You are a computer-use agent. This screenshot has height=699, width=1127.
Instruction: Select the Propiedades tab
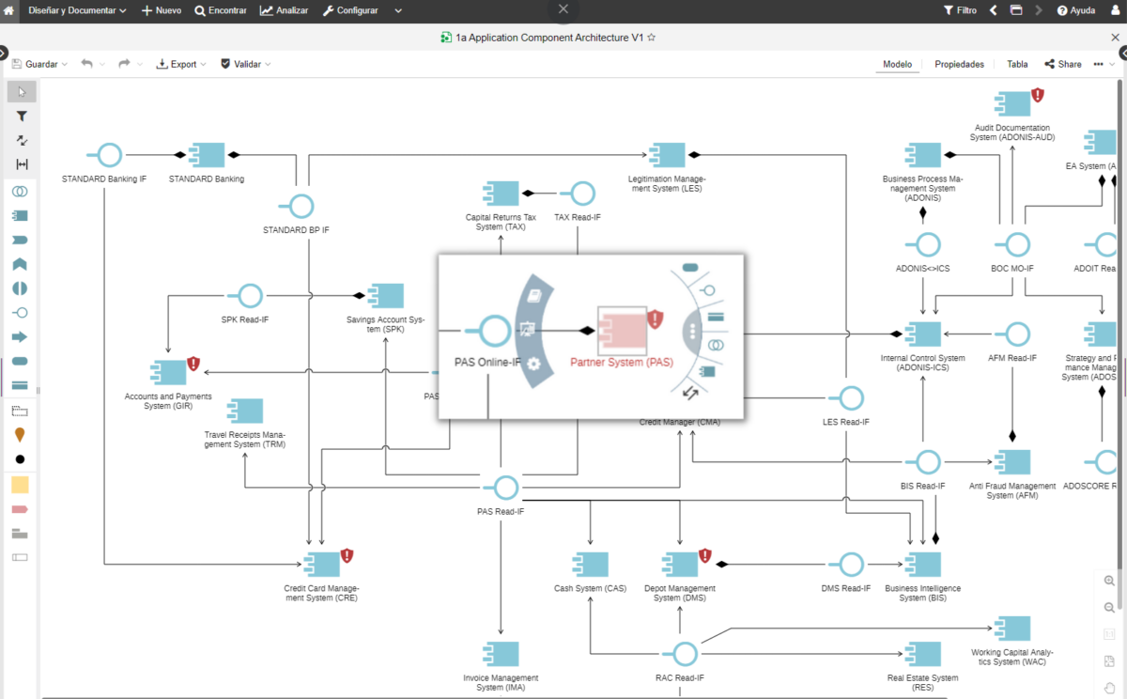pyautogui.click(x=959, y=64)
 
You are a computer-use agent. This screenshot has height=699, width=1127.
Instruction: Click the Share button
pyautogui.click(x=1063, y=64)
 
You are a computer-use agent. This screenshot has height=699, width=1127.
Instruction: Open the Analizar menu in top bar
pyautogui.click(x=285, y=10)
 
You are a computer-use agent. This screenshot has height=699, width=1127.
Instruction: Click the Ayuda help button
pyautogui.click(x=1076, y=10)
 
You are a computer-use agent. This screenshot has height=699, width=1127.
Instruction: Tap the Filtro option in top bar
pyautogui.click(x=960, y=10)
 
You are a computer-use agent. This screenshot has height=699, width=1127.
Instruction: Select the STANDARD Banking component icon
pyautogui.click(x=207, y=154)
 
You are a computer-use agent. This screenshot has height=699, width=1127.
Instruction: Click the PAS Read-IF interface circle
pyautogui.click(x=506, y=487)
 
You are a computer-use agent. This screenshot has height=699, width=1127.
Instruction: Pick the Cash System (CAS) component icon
pyautogui.click(x=590, y=564)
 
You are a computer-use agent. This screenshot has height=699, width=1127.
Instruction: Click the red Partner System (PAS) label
pyautogui.click(x=622, y=362)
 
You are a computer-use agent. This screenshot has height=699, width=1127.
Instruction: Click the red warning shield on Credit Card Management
pyautogui.click(x=347, y=556)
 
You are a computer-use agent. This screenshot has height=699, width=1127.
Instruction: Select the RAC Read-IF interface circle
pyautogui.click(x=685, y=654)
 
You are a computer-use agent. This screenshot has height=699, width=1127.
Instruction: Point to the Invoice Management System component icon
pyautogui.click(x=501, y=654)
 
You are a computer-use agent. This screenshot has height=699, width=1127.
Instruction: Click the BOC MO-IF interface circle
pyautogui.click(x=1012, y=245)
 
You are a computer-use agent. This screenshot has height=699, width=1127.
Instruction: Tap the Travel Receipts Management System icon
pyautogui.click(x=245, y=411)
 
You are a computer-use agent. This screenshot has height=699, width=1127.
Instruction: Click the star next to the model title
pyautogui.click(x=652, y=38)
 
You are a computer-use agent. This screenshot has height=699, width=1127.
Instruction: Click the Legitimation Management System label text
pyautogui.click(x=666, y=183)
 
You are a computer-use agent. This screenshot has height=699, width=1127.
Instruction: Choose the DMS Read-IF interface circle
pyautogui.click(x=851, y=564)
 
